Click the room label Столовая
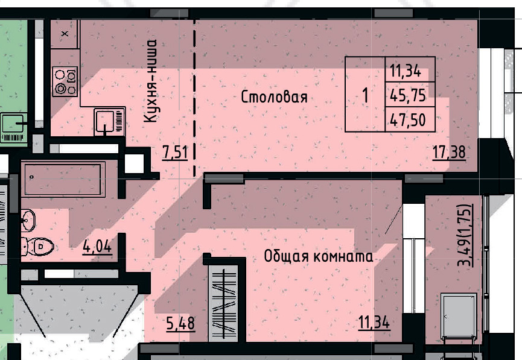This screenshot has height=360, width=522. click(x=275, y=97)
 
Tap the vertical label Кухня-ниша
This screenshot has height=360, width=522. click(x=151, y=81)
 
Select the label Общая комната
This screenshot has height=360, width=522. click(x=318, y=256)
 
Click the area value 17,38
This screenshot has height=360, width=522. click(x=449, y=152)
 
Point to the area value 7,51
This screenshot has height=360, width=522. click(x=175, y=152)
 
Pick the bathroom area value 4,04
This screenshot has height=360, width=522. click(x=97, y=246)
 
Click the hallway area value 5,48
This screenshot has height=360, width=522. click(x=180, y=323)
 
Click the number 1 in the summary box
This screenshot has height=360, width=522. click(x=365, y=95)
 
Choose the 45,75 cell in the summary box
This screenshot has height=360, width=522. click(x=409, y=95)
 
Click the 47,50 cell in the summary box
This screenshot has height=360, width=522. click(x=409, y=120)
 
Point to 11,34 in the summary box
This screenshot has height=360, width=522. click(x=404, y=70)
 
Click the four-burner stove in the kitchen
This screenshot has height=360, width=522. click(x=65, y=81)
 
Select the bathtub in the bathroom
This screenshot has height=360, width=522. click(x=63, y=178)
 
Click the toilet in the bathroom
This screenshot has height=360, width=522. click(x=37, y=246)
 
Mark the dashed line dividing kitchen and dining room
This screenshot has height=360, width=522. click(x=195, y=96)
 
